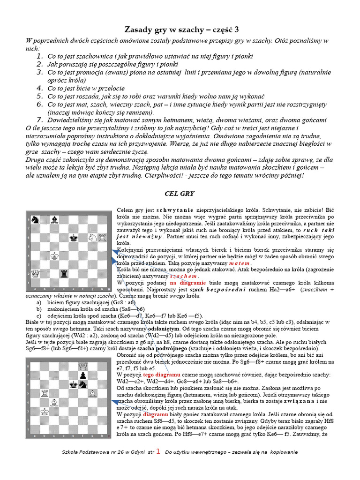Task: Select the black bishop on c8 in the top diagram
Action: pos(54,219)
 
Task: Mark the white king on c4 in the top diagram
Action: pos(55,256)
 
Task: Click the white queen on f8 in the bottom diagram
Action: pos(83,366)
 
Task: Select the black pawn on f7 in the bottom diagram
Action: pos(83,375)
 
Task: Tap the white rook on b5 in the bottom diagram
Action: pos(45,393)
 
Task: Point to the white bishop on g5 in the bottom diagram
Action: pos(93,393)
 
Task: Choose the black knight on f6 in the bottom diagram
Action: pos(83,384)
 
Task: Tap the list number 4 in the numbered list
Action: pos(40,88)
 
